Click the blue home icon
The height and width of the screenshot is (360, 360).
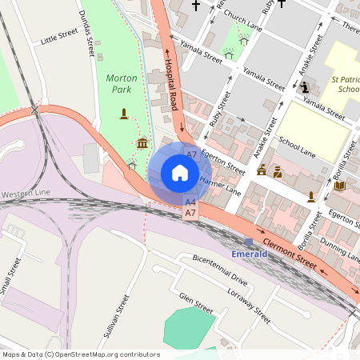tap(180, 173)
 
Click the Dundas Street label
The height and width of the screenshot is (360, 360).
tap(88, 34)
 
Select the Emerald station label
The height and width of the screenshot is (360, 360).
tap(249, 254)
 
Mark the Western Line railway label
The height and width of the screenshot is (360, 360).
tap(26, 194)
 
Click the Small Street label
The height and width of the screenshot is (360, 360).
tap(9, 276)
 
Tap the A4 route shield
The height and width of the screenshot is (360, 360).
tap(190, 203)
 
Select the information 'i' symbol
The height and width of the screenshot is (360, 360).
tap(304, 88)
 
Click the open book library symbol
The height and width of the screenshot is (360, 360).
tap(339, 186)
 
